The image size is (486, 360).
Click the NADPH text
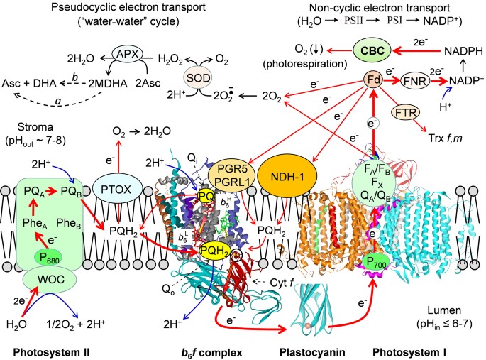[x=452, y=51]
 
